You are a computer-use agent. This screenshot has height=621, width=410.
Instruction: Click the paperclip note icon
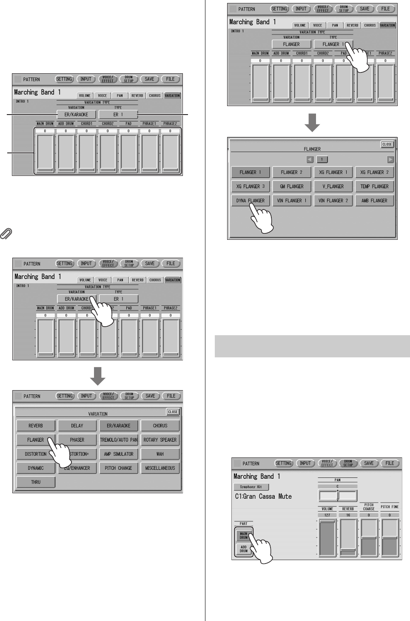[x=7, y=233]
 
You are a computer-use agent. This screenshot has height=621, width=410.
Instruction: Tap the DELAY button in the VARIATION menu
[x=77, y=425]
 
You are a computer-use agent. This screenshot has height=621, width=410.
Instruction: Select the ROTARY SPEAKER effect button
[x=160, y=440]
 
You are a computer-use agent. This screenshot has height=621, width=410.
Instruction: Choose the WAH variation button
[x=160, y=454]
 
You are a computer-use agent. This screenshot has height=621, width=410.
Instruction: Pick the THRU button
[x=36, y=482]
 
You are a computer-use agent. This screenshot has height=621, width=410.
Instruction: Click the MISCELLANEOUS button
[x=160, y=468]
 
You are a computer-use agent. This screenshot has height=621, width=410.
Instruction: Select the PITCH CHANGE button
[x=119, y=468]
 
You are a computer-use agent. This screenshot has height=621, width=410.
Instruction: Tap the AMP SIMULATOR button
[x=119, y=454]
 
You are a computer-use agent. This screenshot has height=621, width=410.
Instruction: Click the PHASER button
[x=77, y=440]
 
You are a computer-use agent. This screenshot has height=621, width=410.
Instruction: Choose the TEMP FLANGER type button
[x=374, y=186]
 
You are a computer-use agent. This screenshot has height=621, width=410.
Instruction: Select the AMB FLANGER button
[x=374, y=200]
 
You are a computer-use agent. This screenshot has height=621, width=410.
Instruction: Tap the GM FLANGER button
[x=292, y=186]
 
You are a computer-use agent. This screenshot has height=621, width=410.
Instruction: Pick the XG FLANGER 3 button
[x=251, y=186]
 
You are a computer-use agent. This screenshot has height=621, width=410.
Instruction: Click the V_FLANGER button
[x=333, y=186]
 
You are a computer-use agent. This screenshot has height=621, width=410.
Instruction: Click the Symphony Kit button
[x=251, y=487]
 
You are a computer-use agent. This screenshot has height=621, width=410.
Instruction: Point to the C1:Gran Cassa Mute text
[x=263, y=497]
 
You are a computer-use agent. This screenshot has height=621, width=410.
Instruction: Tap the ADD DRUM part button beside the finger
[x=243, y=549]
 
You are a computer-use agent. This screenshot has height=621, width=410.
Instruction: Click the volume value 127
[x=327, y=515]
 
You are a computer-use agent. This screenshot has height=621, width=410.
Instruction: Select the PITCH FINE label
[x=390, y=507]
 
